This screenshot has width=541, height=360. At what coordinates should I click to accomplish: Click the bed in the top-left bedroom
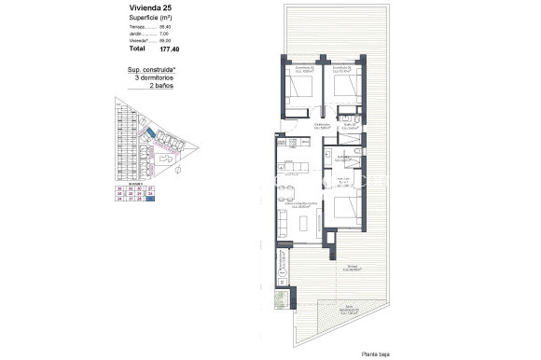click(x=300, y=91)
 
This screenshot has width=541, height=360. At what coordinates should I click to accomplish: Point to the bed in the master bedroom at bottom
click(x=343, y=209)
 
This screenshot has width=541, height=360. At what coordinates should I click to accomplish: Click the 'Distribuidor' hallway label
click(x=323, y=126)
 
